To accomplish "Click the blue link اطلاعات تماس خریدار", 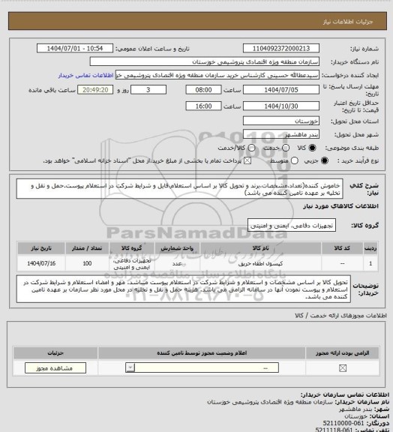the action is [x=86, y=76].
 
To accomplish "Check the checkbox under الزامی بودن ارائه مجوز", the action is [x=343, y=368].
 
